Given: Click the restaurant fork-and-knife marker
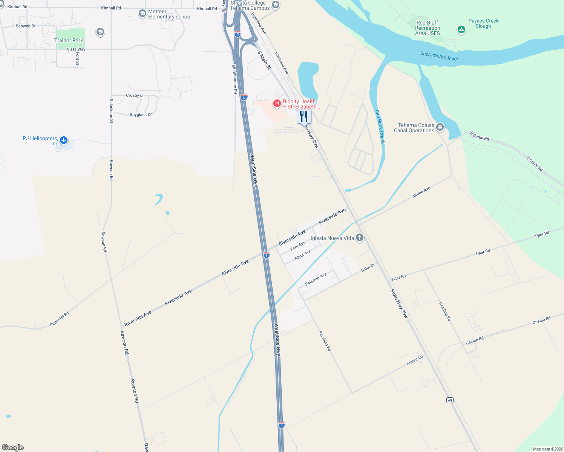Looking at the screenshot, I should coord(304,116).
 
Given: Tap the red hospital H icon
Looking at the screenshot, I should coord(277,103).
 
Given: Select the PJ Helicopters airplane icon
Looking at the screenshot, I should coord(64,140).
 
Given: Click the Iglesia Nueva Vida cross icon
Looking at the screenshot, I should coord(360,237).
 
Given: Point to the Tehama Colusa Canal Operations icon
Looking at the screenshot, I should coord(440,128).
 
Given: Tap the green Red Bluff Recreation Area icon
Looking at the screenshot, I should coord(461,29).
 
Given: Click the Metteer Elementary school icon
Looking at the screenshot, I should coord(142,14).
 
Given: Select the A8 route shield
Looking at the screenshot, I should coord(450,400).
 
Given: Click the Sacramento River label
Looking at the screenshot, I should coord(439,56).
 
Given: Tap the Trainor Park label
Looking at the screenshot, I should coord(69,40).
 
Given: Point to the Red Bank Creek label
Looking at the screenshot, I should coord(379,127).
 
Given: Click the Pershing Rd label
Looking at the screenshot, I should coord(325,341).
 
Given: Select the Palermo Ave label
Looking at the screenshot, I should coord(316,279).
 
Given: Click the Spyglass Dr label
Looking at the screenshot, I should coord(141,115).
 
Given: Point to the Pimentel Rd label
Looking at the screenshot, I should coord(60,319).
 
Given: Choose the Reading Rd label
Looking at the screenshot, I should coord(445,311).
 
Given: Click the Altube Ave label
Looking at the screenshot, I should coord(421,192).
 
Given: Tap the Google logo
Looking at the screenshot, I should coord(13,447).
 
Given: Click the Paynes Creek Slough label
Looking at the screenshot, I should coord(483,23).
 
